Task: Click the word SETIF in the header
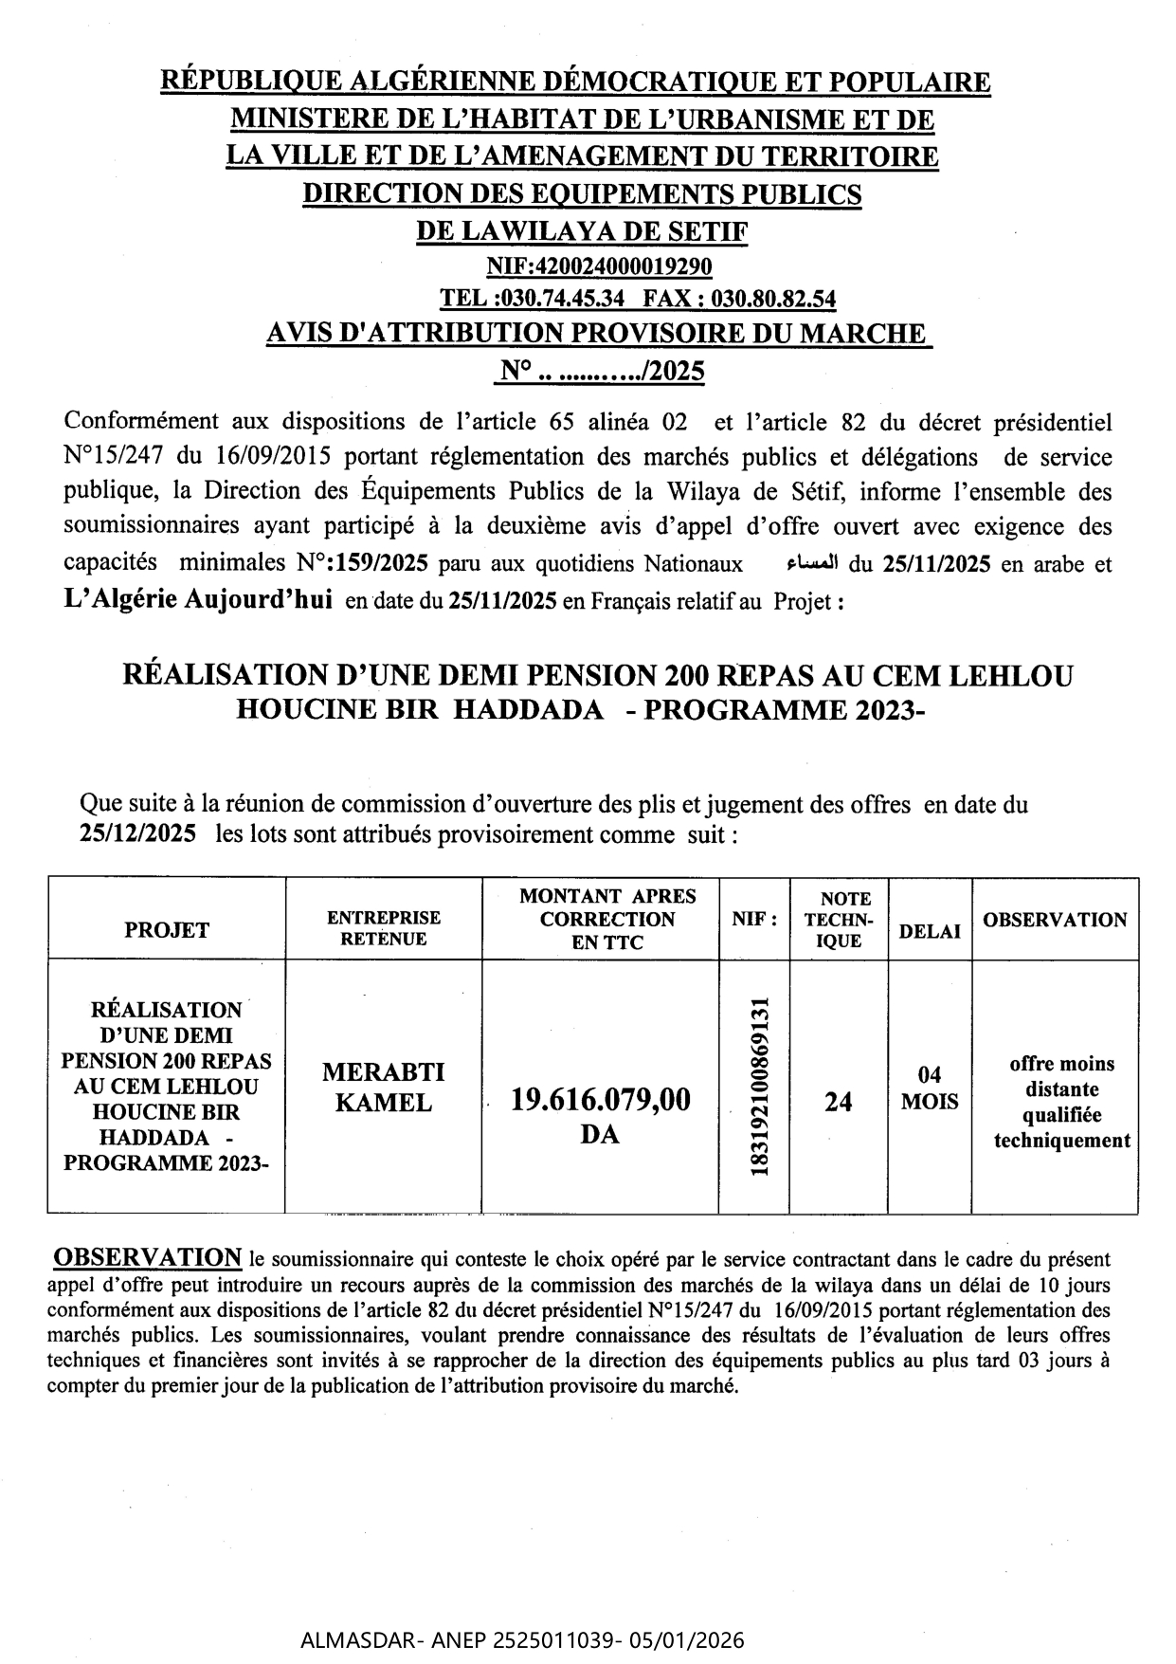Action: point(702,229)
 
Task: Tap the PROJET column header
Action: point(167,930)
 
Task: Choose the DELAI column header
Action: point(930,931)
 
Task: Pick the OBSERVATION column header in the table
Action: point(1055,919)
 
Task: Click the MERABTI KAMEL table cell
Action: point(384,1087)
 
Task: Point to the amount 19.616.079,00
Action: point(601,1100)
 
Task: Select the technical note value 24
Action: point(838,1101)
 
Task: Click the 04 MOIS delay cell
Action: point(930,1088)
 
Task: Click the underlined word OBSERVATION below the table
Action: point(147,1257)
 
